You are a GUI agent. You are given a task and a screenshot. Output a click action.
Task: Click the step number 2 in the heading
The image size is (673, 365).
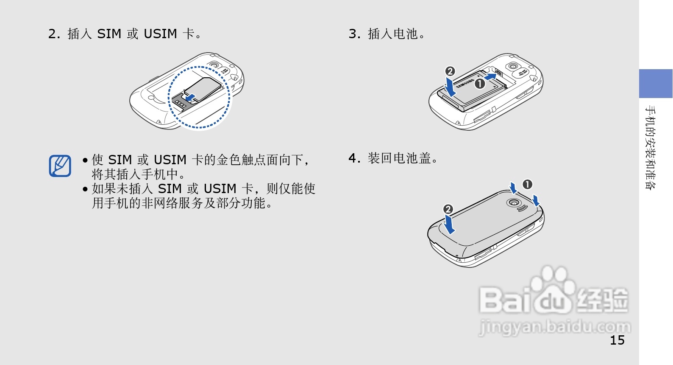53,34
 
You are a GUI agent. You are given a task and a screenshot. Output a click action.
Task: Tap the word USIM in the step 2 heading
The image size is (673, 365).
160,34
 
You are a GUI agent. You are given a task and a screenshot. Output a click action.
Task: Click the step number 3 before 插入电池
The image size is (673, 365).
353,34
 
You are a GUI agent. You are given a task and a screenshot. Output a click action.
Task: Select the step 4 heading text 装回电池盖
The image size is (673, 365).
399,158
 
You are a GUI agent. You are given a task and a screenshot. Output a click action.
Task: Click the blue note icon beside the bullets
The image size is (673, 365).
60,166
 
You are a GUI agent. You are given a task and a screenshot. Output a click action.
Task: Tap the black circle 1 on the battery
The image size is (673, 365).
479,84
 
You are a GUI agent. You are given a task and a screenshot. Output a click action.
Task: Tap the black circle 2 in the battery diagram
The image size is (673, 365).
450,71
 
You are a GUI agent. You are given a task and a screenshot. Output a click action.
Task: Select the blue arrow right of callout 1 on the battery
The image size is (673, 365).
490,77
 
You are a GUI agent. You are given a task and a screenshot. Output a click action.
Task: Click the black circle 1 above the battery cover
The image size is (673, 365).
527,184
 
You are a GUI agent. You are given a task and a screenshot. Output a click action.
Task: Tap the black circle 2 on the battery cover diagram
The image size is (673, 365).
448,209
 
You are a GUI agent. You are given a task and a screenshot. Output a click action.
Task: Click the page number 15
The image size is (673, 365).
617,340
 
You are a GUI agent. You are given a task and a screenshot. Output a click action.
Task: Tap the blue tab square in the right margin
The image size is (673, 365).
656,84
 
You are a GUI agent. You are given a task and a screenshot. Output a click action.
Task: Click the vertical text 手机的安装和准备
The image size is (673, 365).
650,147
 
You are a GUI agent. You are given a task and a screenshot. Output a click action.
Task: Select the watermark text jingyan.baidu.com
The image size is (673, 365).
554,328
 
